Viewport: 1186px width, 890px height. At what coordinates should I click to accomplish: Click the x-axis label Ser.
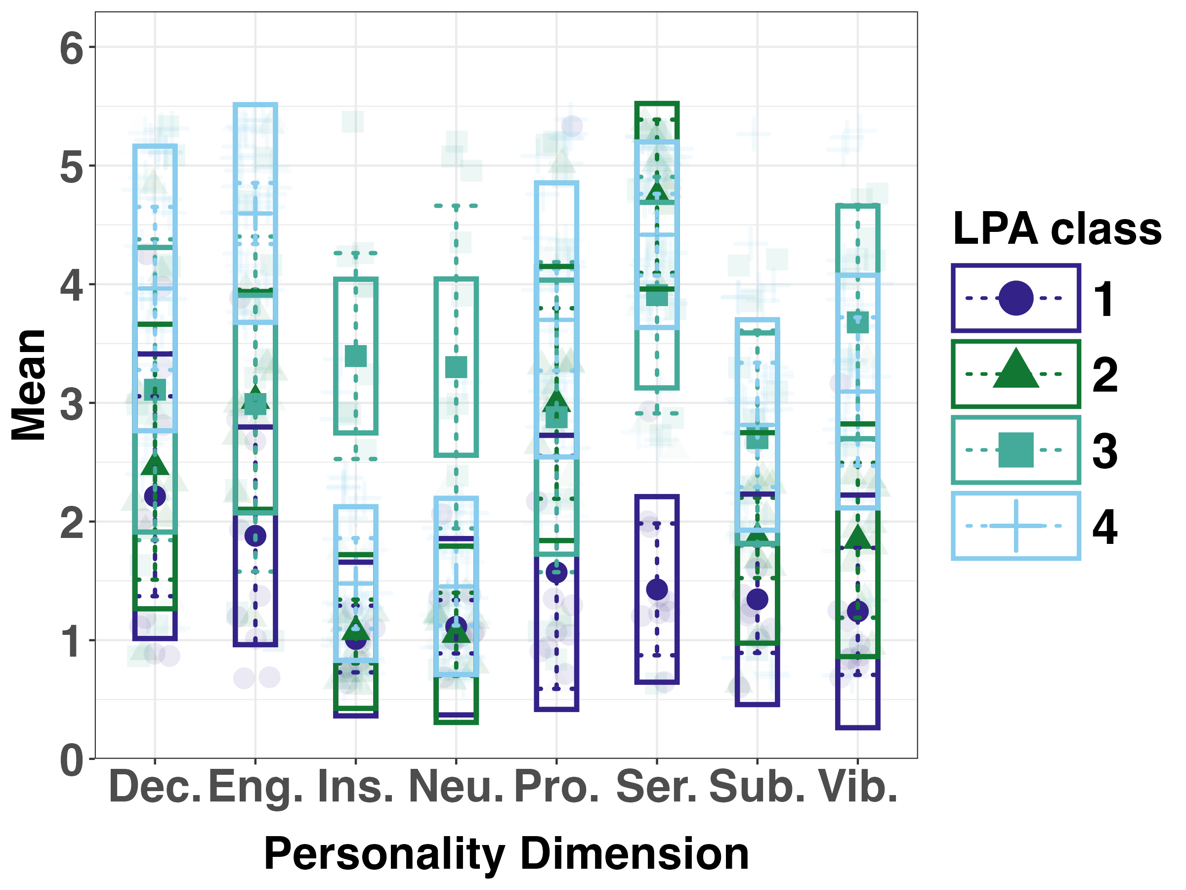coord(657,787)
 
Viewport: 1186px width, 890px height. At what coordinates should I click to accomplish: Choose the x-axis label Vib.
coord(858,787)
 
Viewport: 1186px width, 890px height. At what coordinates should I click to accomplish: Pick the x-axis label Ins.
coord(355,787)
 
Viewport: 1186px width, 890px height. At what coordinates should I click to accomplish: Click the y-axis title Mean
coord(29,385)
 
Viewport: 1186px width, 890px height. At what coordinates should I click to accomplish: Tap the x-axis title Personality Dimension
coord(506,853)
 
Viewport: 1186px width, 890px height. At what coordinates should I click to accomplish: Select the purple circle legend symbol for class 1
coord(1016,298)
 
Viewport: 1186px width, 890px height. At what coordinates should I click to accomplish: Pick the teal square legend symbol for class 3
coord(1016,449)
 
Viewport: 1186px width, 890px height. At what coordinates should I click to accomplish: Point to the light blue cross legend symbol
coord(1016,526)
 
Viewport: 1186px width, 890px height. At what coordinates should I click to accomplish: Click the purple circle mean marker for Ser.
coord(657,589)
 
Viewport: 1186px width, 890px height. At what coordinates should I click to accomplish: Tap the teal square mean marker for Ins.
coord(355,356)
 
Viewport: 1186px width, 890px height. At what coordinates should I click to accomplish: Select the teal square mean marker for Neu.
coord(456,367)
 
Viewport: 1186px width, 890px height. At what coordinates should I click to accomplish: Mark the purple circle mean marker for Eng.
coord(255,535)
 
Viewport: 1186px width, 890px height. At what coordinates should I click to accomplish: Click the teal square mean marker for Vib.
coord(857,322)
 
